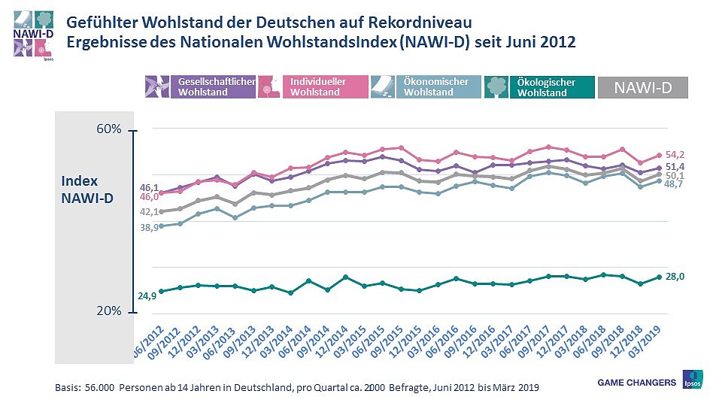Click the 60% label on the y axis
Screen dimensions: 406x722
(109, 130)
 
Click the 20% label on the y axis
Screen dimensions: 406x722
(109, 311)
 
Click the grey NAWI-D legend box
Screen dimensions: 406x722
(643, 87)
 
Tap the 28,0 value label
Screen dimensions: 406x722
(675, 277)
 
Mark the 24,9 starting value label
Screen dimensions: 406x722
(147, 296)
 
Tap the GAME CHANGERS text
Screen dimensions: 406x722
(636, 383)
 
